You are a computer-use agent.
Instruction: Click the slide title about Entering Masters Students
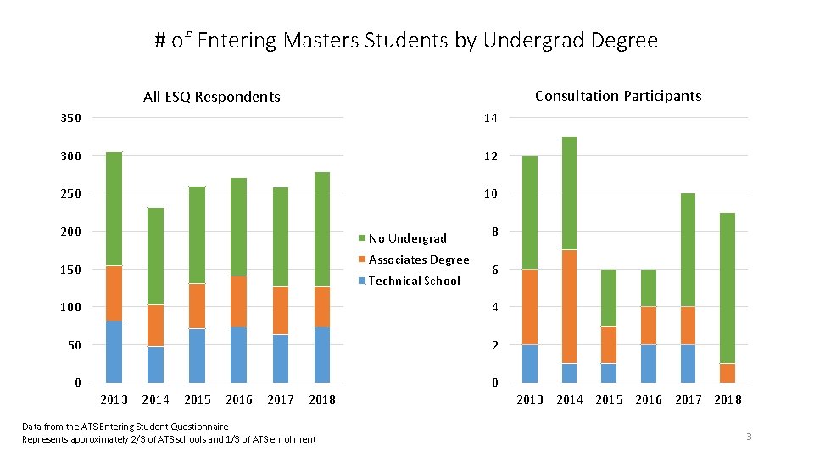point(406,40)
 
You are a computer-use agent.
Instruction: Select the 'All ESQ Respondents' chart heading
point(211,97)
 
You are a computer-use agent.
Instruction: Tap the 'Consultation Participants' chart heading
point(618,96)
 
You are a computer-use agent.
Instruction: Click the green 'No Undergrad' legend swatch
point(362,238)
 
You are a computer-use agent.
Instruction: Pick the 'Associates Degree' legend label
point(419,260)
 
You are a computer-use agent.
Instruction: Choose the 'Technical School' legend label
point(414,281)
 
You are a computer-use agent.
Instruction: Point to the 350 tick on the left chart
point(71,118)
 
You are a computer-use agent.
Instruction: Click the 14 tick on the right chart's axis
point(490,118)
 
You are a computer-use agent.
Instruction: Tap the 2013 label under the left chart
point(114,399)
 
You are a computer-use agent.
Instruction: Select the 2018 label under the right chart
point(728,399)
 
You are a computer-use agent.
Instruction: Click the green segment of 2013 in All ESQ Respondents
point(114,209)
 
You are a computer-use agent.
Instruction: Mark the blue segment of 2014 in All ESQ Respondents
point(155,364)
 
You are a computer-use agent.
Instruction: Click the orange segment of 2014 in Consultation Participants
point(569,306)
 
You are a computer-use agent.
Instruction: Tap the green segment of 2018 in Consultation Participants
point(728,288)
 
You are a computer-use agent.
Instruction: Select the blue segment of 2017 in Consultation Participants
point(688,363)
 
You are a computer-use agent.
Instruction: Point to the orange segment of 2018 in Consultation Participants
point(728,372)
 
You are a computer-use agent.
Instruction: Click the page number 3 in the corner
point(749,437)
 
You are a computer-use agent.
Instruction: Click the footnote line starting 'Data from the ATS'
point(125,426)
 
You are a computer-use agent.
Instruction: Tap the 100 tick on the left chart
point(71,307)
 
